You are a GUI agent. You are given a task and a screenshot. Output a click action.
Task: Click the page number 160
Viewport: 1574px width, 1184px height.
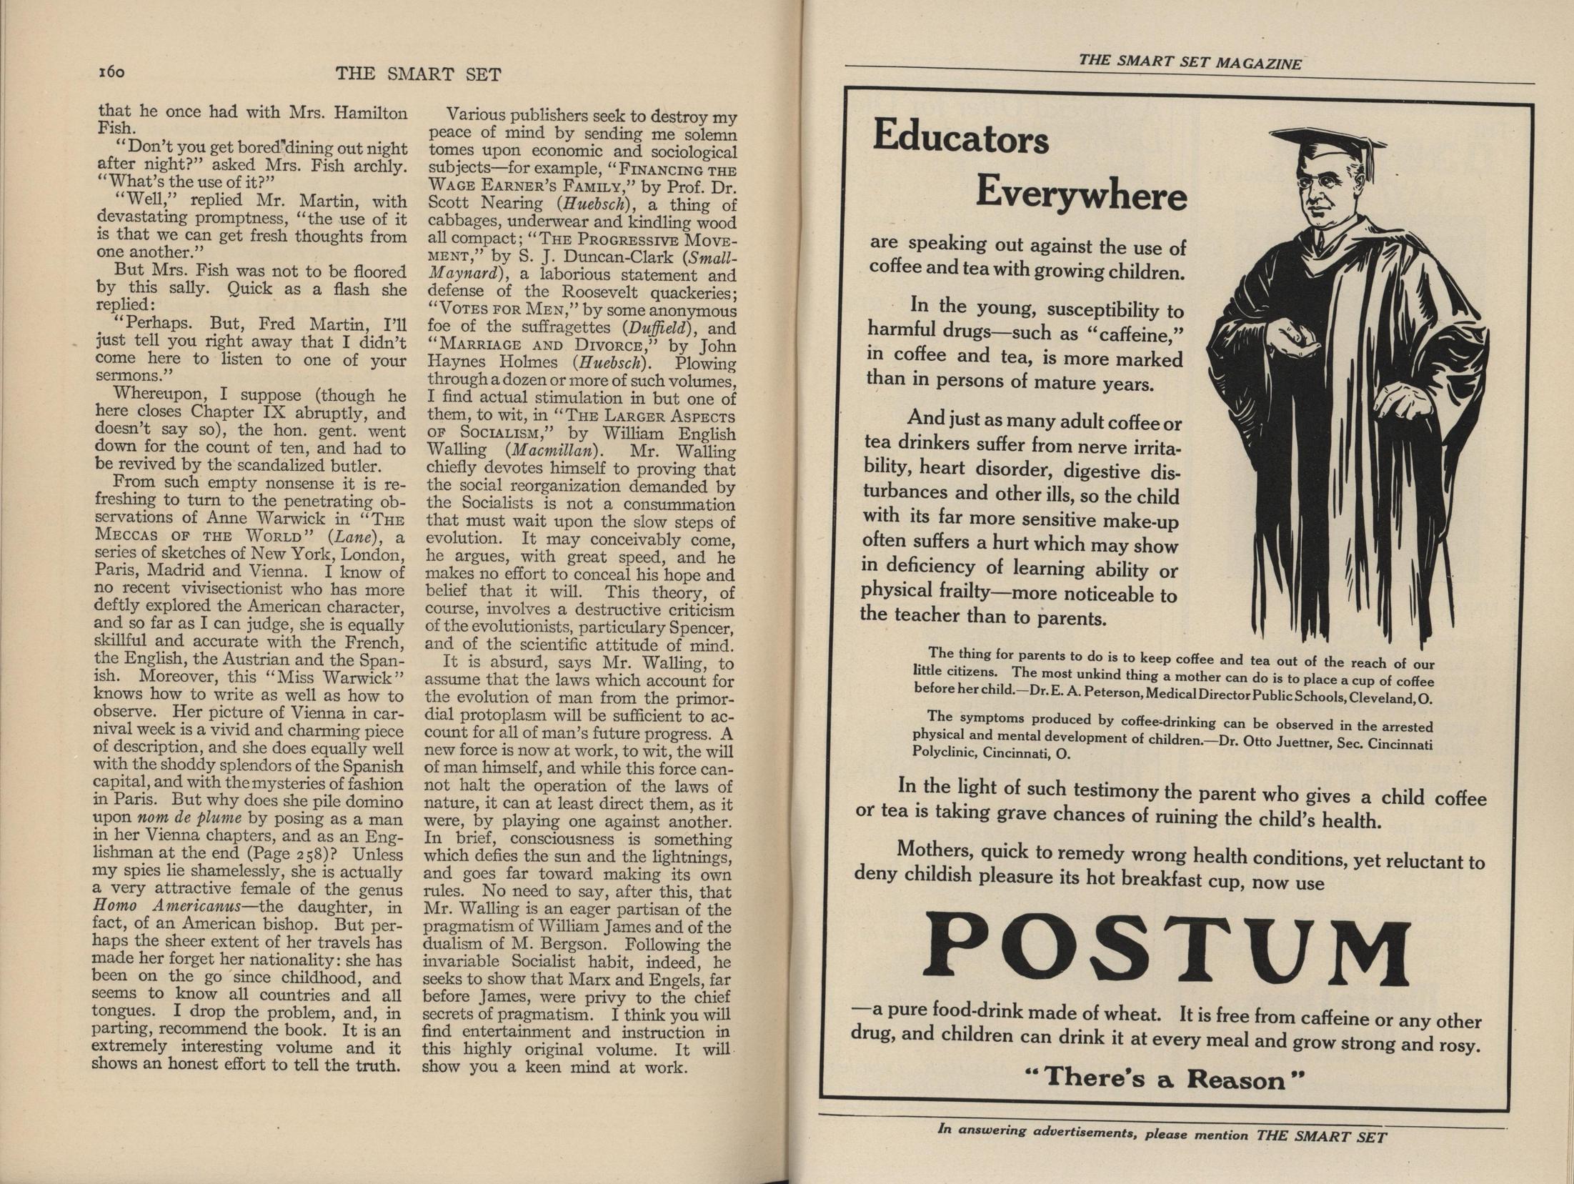coord(111,72)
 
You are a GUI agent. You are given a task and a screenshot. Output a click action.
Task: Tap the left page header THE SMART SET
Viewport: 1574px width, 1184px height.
coord(418,74)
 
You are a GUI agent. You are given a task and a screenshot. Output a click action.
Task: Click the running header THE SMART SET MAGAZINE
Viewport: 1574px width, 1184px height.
coord(1190,62)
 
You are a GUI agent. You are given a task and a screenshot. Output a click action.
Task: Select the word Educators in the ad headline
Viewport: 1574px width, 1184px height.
coord(960,138)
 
